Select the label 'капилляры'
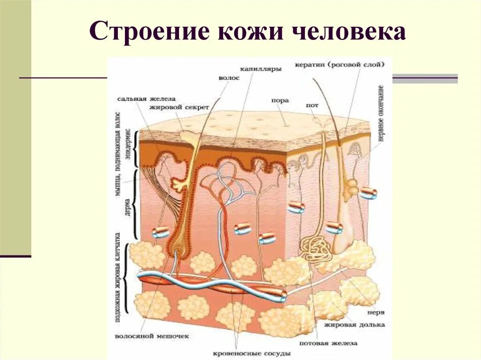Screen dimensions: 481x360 [261, 69]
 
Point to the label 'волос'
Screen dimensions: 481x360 [229, 78]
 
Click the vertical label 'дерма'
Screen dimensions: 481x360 [127, 205]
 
